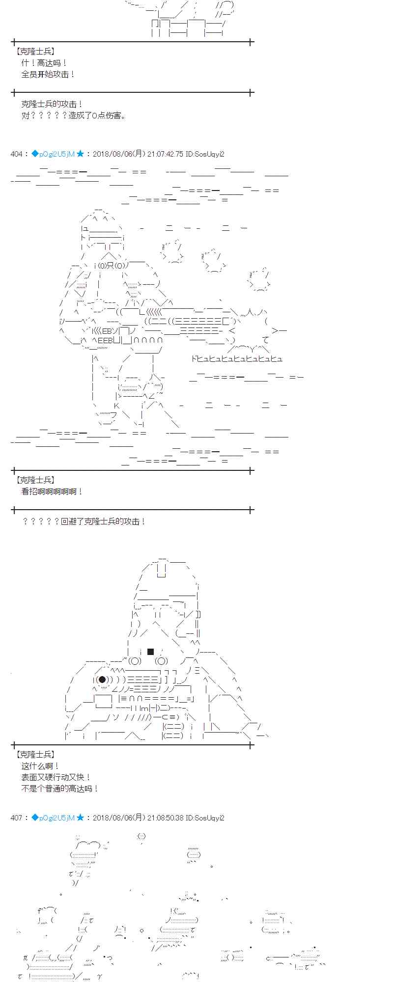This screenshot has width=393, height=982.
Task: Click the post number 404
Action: (16, 154)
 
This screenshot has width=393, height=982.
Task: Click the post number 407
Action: (16, 818)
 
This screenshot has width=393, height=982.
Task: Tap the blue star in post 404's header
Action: (80, 154)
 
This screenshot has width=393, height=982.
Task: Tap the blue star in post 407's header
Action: (80, 818)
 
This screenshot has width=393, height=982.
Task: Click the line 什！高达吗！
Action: (44, 63)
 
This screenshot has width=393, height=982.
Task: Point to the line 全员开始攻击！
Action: (48, 74)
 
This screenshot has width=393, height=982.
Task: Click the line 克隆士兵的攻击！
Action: (52, 104)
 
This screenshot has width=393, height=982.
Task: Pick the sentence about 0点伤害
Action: (74, 115)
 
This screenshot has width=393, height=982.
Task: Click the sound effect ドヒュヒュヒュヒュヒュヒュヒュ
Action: (237, 359)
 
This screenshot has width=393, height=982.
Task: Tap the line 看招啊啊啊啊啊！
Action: (52, 491)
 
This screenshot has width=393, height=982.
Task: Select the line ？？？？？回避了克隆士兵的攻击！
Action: (84, 521)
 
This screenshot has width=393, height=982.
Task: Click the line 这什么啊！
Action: (40, 766)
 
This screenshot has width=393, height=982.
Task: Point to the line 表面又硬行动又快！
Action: (56, 777)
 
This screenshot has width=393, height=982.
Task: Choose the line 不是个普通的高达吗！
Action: (60, 789)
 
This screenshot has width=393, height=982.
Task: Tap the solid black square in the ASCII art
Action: (151, 652)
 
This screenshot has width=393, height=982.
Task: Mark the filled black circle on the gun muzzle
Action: (102, 680)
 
